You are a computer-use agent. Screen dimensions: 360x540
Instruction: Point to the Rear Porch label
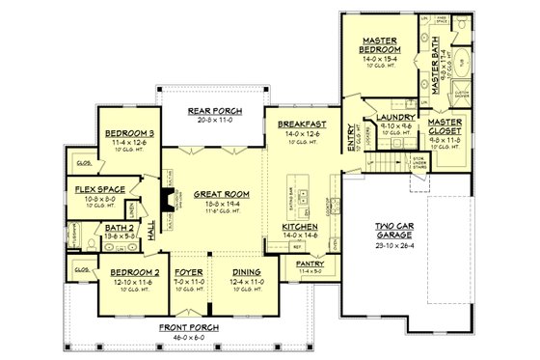click(216, 111)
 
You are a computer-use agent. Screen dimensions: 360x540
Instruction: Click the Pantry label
click(310, 263)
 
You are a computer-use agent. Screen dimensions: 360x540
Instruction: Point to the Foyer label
click(188, 273)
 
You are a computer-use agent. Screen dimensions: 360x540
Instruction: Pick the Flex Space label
click(96, 190)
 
